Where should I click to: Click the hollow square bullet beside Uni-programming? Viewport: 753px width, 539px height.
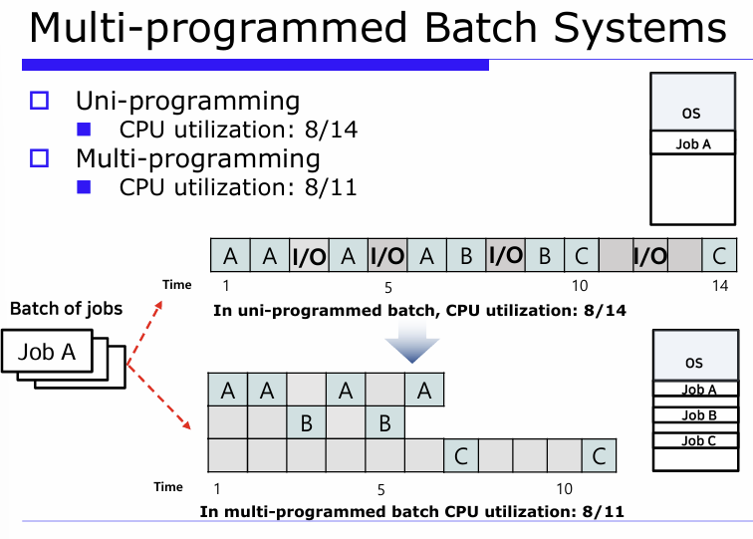tap(40, 101)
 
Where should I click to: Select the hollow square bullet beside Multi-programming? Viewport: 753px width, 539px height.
tap(40, 158)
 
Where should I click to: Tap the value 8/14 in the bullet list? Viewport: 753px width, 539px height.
tap(331, 130)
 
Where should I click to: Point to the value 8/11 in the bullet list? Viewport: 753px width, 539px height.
tap(331, 187)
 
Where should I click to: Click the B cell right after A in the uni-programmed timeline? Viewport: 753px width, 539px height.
tap(465, 256)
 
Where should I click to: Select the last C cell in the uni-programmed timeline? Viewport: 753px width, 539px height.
tap(718, 256)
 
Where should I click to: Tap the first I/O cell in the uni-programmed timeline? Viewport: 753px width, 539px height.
tap(308, 256)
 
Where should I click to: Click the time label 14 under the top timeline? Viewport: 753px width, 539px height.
tap(720, 286)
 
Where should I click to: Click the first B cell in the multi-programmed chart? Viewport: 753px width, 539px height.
tap(306, 422)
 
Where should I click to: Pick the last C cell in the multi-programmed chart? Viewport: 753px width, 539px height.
tap(598, 455)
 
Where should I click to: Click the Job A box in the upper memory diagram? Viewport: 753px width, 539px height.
tap(693, 143)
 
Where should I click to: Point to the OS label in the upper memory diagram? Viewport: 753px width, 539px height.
tap(691, 114)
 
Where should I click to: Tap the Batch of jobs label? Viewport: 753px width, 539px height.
tap(66, 308)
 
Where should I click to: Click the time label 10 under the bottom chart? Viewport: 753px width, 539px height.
tap(565, 489)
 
